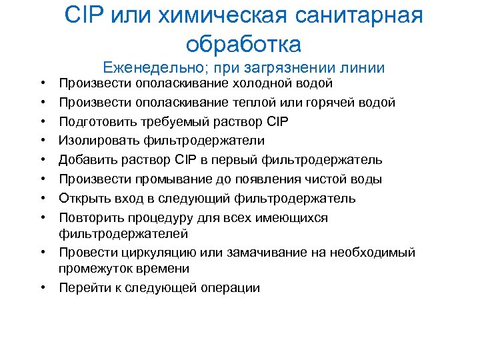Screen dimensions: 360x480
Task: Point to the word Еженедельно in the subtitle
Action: (x=145, y=67)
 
